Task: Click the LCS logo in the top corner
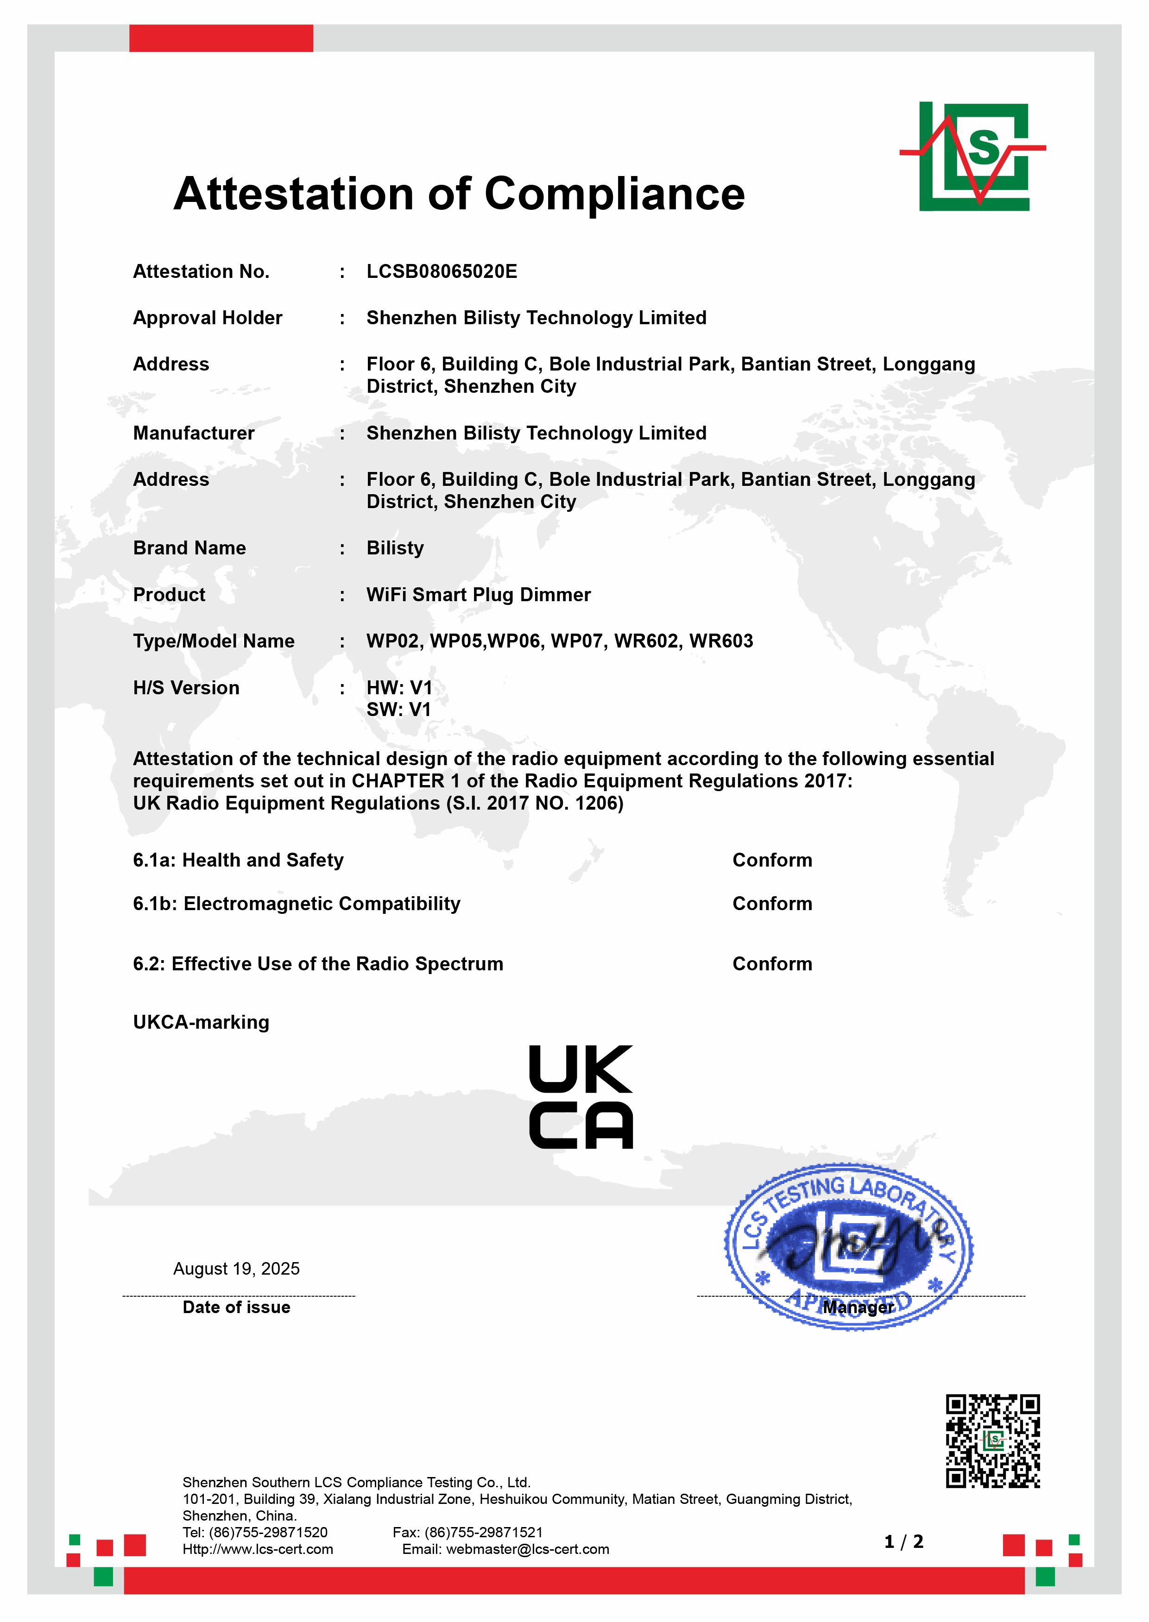(973, 157)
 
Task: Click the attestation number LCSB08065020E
(442, 271)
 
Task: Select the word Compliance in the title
(614, 194)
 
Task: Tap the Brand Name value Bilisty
(395, 548)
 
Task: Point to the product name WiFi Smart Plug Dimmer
(478, 595)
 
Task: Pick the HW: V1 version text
(399, 687)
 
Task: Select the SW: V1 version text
(398, 710)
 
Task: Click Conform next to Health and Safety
(772, 860)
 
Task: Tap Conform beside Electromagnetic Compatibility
(772, 904)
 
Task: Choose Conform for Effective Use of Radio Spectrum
(772, 964)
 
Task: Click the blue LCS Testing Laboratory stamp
(848, 1245)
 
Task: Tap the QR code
(993, 1441)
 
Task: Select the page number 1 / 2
(903, 1542)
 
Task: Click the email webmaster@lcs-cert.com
(527, 1549)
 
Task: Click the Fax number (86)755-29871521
(483, 1532)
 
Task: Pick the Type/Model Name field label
(214, 641)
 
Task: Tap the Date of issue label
(236, 1307)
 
